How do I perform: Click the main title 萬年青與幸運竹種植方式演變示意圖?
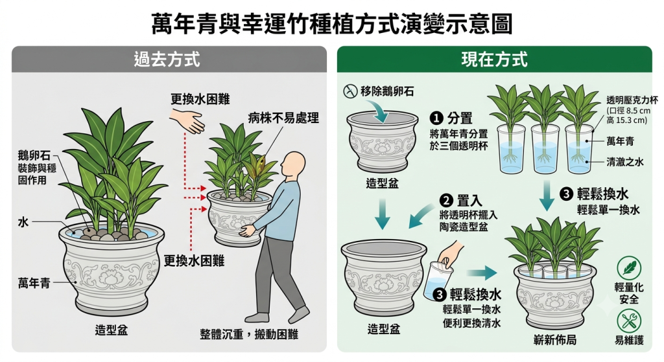331,23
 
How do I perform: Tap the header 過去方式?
167,59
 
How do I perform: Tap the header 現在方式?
494,59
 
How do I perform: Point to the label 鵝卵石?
34,155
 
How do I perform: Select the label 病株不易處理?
283,118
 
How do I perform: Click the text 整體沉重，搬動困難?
249,334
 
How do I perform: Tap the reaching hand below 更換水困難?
187,120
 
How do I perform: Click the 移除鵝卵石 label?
387,91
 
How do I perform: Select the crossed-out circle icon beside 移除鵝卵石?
350,91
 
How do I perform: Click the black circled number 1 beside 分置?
436,119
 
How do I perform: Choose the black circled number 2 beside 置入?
446,201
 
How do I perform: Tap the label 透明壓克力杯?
632,100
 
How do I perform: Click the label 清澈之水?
624,161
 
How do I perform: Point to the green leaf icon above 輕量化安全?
629,267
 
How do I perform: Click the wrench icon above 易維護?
629,321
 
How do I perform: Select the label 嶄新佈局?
555,339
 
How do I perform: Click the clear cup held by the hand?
437,280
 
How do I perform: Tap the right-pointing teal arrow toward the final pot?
482,273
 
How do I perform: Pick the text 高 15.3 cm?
627,120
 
